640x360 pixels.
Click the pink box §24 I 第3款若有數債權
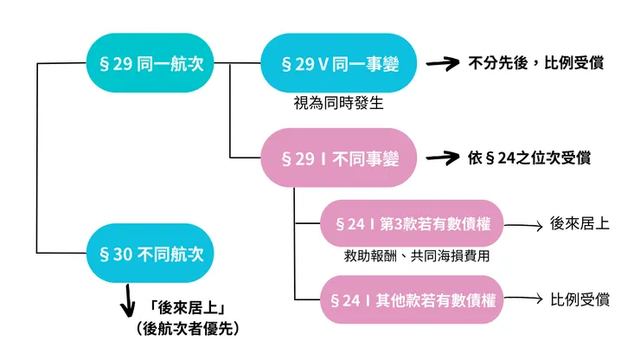[412, 224]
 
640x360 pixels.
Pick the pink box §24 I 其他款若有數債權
[412, 299]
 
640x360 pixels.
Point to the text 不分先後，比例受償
[536, 62]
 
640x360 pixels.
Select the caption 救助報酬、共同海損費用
[412, 256]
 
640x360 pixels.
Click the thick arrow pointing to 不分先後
[440, 63]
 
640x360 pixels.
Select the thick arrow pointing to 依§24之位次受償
[440, 158]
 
